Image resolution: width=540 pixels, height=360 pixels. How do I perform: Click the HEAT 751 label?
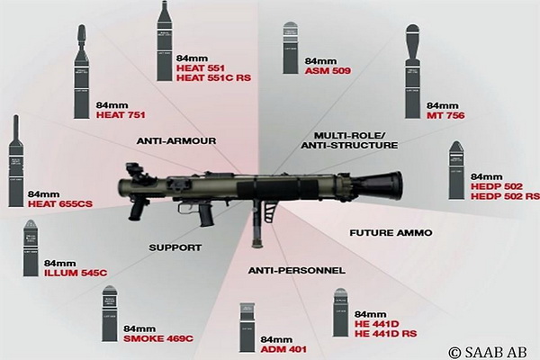pos(121,114)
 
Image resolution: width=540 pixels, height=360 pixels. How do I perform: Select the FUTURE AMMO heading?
pos(390,232)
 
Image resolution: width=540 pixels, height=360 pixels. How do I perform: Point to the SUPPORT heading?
pos(176,246)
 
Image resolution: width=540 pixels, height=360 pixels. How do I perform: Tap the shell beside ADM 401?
pos(247,329)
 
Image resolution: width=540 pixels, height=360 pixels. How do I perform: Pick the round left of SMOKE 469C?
pos(115,315)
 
